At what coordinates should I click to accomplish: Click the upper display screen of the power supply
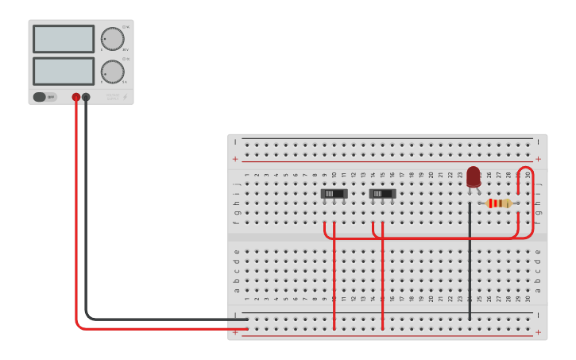pyautogui.click(x=64, y=39)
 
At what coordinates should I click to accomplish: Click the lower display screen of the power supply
pyautogui.click(x=64, y=71)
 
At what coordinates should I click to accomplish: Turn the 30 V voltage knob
pyautogui.click(x=113, y=39)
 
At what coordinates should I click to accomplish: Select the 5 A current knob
pyautogui.click(x=113, y=72)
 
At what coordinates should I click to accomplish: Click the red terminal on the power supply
pyautogui.click(x=76, y=97)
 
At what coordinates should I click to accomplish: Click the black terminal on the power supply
pyautogui.click(x=86, y=97)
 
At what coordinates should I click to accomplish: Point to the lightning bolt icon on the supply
pyautogui.click(x=125, y=97)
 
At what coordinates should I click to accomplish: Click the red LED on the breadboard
pyautogui.click(x=474, y=176)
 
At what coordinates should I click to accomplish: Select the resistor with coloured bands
pyautogui.click(x=499, y=203)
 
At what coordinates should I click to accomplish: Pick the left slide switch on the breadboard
pyautogui.click(x=334, y=193)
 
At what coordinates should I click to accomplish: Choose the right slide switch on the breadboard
pyautogui.click(x=383, y=193)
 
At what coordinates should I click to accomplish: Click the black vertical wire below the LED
pyautogui.click(x=470, y=262)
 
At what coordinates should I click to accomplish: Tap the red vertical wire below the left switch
pyautogui.click(x=334, y=278)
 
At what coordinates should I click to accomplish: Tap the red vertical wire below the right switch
pyautogui.click(x=383, y=278)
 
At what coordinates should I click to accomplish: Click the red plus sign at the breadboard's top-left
pyautogui.click(x=235, y=159)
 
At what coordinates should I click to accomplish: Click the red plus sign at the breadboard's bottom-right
pyautogui.click(x=539, y=332)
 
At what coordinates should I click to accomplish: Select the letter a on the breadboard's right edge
pyautogui.click(x=538, y=289)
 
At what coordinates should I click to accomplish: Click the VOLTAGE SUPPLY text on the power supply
pyautogui.click(x=113, y=97)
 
